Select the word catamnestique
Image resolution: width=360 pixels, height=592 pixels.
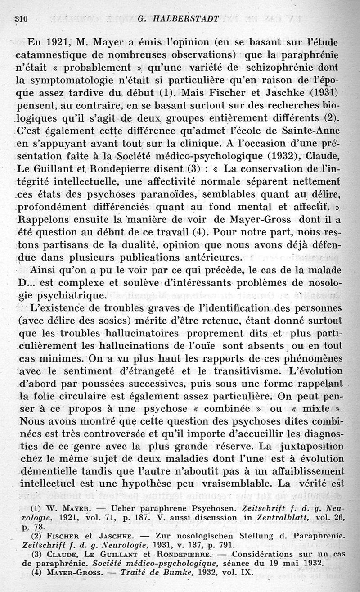pos(55,56)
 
